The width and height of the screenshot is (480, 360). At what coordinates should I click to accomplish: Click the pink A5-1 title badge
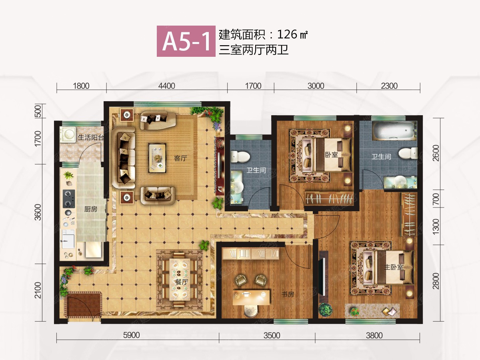point(186,41)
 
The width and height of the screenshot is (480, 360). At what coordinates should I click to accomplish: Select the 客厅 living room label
point(181,158)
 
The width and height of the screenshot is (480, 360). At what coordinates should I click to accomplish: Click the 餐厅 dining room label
point(181,282)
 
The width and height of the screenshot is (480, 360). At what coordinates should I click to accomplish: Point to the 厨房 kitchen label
point(91,209)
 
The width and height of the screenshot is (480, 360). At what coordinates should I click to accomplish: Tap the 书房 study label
point(288,294)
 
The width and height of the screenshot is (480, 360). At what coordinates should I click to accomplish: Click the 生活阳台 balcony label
point(90,138)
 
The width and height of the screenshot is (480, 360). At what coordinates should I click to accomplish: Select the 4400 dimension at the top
point(167,86)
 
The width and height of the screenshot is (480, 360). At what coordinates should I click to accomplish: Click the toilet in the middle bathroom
point(240,156)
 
